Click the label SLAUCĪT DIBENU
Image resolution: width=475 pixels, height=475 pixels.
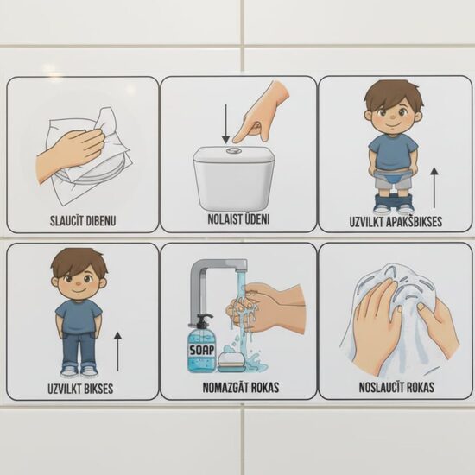pos(83,220)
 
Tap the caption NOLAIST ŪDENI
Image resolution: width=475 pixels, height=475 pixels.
pos(237,219)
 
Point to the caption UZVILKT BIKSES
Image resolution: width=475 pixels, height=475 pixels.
pos(80,389)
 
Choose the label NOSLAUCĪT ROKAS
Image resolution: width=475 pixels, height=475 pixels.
pos(396,387)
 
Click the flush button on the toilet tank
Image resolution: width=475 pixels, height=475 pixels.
pos(233,150)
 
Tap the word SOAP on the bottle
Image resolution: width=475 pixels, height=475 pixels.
pos(200,350)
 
